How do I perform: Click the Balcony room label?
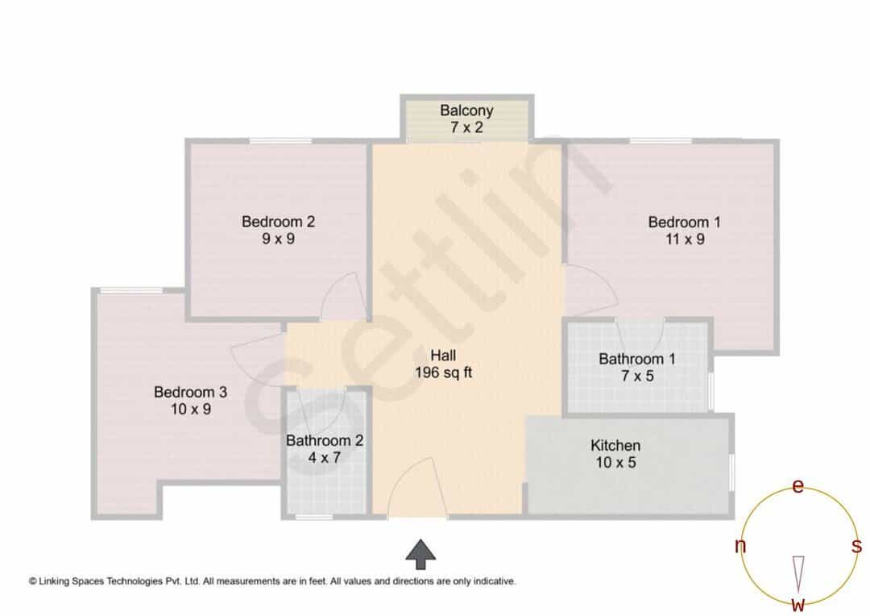pos(466,110)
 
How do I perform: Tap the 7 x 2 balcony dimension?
pos(466,127)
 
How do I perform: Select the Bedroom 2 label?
pos(278,222)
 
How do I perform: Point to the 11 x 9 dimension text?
pos(685,239)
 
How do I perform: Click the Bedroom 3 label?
pos(190,392)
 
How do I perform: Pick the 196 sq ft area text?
pos(443,373)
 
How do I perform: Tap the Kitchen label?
pos(615,446)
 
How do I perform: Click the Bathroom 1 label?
pos(637,359)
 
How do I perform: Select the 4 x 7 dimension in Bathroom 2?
pos(325,458)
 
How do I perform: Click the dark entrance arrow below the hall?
pos(420,554)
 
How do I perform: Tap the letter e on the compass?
pos(797,486)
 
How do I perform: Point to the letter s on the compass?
pos(856,546)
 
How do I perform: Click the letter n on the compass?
pos(740,546)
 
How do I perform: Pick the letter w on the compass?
pos(797,604)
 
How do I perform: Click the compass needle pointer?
pos(798,574)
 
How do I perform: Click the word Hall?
pos(443,356)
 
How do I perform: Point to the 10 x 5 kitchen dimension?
pos(615,462)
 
